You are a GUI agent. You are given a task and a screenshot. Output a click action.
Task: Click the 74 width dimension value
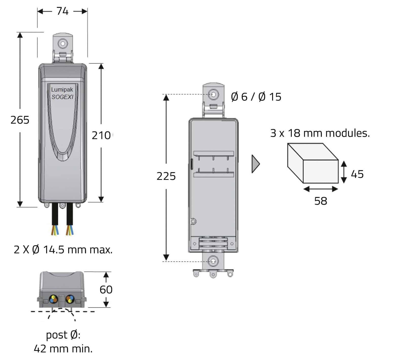pyautogui.click(x=62, y=11)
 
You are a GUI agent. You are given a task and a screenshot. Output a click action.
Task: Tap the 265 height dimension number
pyautogui.click(x=20, y=120)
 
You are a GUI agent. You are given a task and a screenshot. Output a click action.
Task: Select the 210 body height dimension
pyautogui.click(x=101, y=136)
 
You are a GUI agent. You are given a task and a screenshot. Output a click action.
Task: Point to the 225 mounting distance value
pyautogui.click(x=166, y=176)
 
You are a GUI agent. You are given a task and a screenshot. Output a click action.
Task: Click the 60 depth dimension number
pyautogui.click(x=106, y=290)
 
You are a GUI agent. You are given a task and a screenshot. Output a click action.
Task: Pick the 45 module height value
pyautogui.click(x=357, y=174)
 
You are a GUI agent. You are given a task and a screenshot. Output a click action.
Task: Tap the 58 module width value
pyautogui.click(x=321, y=201)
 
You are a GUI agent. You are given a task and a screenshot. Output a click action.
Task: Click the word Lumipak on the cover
pyautogui.click(x=62, y=89)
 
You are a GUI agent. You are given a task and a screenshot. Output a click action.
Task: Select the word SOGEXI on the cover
pyautogui.click(x=62, y=97)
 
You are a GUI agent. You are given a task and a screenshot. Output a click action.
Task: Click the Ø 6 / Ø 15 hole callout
pyautogui.click(x=256, y=97)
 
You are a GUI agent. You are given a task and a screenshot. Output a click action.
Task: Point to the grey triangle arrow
pyautogui.click(x=255, y=164)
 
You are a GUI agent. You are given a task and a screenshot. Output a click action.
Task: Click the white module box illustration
pyautogui.click(x=313, y=163)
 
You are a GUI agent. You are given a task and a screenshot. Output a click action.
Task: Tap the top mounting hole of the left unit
pyautogui.click(x=62, y=43)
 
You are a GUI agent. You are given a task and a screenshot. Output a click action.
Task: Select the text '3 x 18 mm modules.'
pyautogui.click(x=320, y=133)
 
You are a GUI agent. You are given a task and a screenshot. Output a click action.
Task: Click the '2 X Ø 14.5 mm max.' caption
pyautogui.click(x=63, y=250)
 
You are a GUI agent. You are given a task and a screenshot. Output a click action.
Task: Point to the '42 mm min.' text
pyautogui.click(x=63, y=349)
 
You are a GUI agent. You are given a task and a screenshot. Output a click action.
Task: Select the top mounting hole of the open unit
pyautogui.click(x=214, y=94)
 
